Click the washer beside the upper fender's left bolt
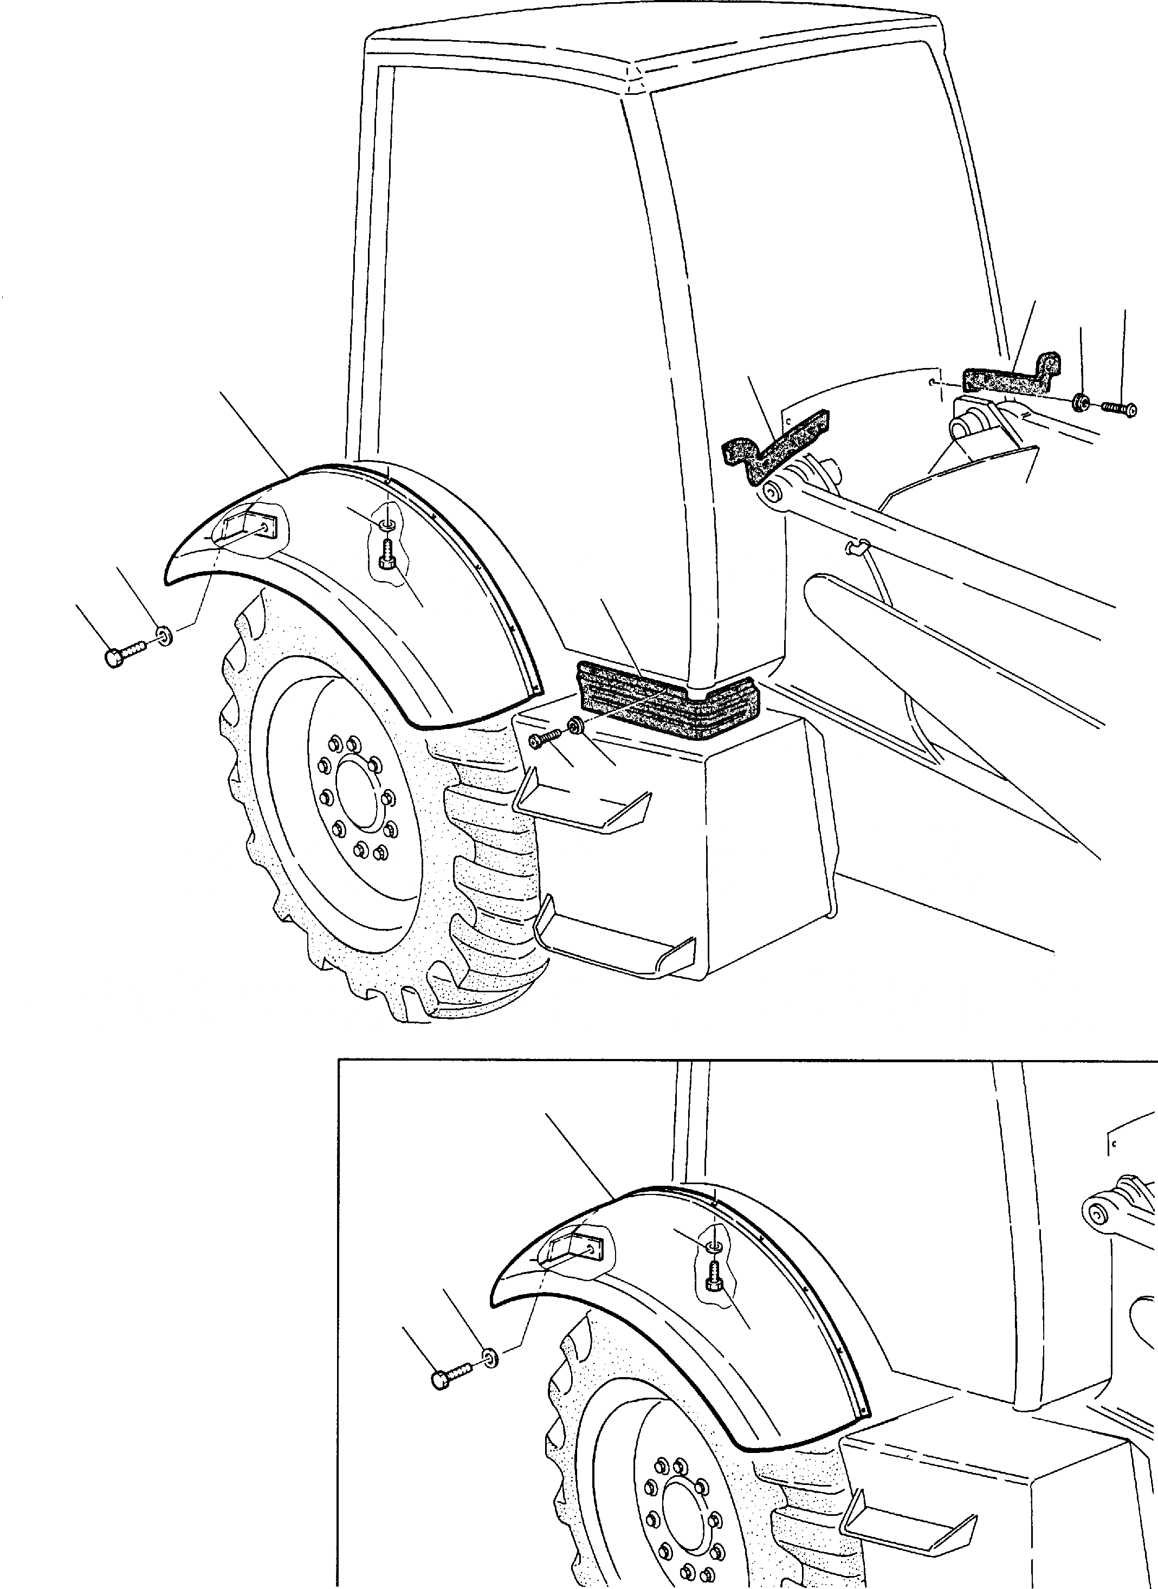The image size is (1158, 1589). tap(164, 636)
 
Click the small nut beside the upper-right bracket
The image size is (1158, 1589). tap(1080, 401)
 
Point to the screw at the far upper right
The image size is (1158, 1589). tap(1119, 406)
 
